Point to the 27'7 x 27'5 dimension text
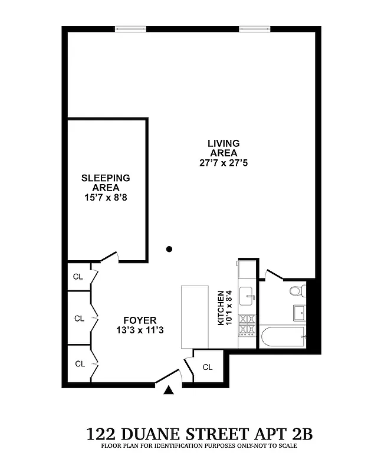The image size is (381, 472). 223,163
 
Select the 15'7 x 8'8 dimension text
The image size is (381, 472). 106,198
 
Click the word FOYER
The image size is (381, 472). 140,321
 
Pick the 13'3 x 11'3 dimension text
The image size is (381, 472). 140,331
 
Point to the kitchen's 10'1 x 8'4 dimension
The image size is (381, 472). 229,308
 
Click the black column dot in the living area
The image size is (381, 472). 169,249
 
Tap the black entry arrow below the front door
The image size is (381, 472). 169,389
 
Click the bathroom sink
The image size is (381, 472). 298,312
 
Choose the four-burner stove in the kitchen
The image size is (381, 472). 248,323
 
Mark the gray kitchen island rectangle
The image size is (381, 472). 195,317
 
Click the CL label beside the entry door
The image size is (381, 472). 208,367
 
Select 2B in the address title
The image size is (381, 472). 298,435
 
